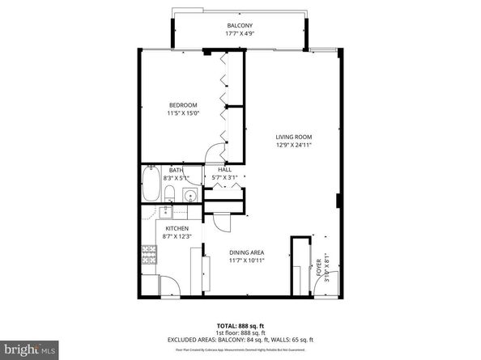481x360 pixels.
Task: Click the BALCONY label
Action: coord(240,26)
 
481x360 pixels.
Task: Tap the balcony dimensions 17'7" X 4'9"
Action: coord(240,35)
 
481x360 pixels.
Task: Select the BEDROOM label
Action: coord(183,105)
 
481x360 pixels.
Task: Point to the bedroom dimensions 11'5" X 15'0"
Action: coord(183,113)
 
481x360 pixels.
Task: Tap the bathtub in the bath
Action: coord(151,185)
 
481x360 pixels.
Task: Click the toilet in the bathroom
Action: coord(172,193)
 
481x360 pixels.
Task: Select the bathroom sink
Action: coord(189,194)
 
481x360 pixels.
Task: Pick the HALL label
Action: coord(225,169)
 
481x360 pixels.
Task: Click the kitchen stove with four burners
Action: coord(150,256)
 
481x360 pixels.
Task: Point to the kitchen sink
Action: coord(166,212)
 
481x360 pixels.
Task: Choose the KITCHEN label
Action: coord(177,229)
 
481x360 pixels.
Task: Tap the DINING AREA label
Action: coord(247,252)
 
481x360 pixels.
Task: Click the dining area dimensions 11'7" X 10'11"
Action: coord(247,261)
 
